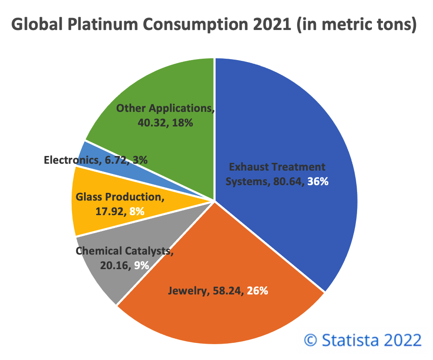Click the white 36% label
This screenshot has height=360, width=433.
click(x=318, y=182)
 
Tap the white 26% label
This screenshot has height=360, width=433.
click(x=257, y=291)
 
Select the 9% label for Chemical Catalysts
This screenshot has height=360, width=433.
click(x=141, y=265)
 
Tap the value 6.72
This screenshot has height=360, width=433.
click(x=114, y=160)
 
